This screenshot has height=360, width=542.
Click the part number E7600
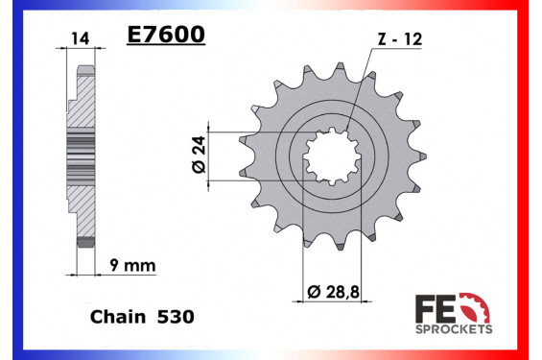tap(166, 35)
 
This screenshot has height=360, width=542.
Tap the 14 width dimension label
tap(81, 38)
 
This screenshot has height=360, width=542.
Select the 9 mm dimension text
tap(132, 266)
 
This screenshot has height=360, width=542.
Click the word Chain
tap(118, 317)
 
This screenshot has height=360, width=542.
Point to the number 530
tap(176, 317)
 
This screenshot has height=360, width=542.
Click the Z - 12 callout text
tap(400, 39)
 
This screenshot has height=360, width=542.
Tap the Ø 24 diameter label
tap(199, 155)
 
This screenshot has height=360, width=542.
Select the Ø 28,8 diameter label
tap(333, 292)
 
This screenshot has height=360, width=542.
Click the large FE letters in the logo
tap(436, 308)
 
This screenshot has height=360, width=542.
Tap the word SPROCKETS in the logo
tap(454, 329)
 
